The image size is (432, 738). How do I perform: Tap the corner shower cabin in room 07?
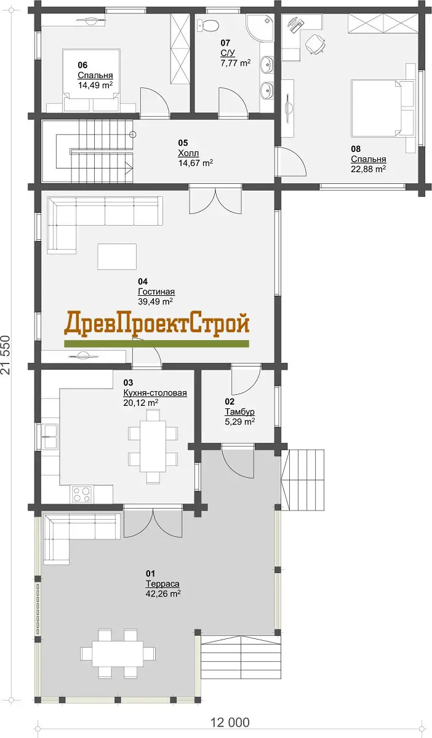pos(260,28)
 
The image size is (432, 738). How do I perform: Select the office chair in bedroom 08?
pos(316,44)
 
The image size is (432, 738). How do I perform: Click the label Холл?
pos(188,153)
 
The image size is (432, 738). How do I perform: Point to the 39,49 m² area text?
pos(155,301)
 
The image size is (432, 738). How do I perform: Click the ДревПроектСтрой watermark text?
pos(157,325)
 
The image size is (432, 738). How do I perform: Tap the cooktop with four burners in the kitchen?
pos(81,494)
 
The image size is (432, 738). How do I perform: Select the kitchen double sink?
pos(50,437)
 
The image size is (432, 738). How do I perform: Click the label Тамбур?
pos(240,412)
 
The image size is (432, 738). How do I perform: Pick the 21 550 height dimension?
pos(6,355)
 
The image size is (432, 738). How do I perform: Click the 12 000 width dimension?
pos(230,723)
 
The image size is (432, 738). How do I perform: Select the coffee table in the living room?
pos(117,256)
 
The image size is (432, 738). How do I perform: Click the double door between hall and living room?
pos(215,199)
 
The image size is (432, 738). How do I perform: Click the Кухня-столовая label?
pos(155,393)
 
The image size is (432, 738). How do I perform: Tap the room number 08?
pos(356,149)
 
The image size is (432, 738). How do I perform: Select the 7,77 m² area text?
pos(236,63)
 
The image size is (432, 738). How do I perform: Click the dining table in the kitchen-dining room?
pos(153,446)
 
